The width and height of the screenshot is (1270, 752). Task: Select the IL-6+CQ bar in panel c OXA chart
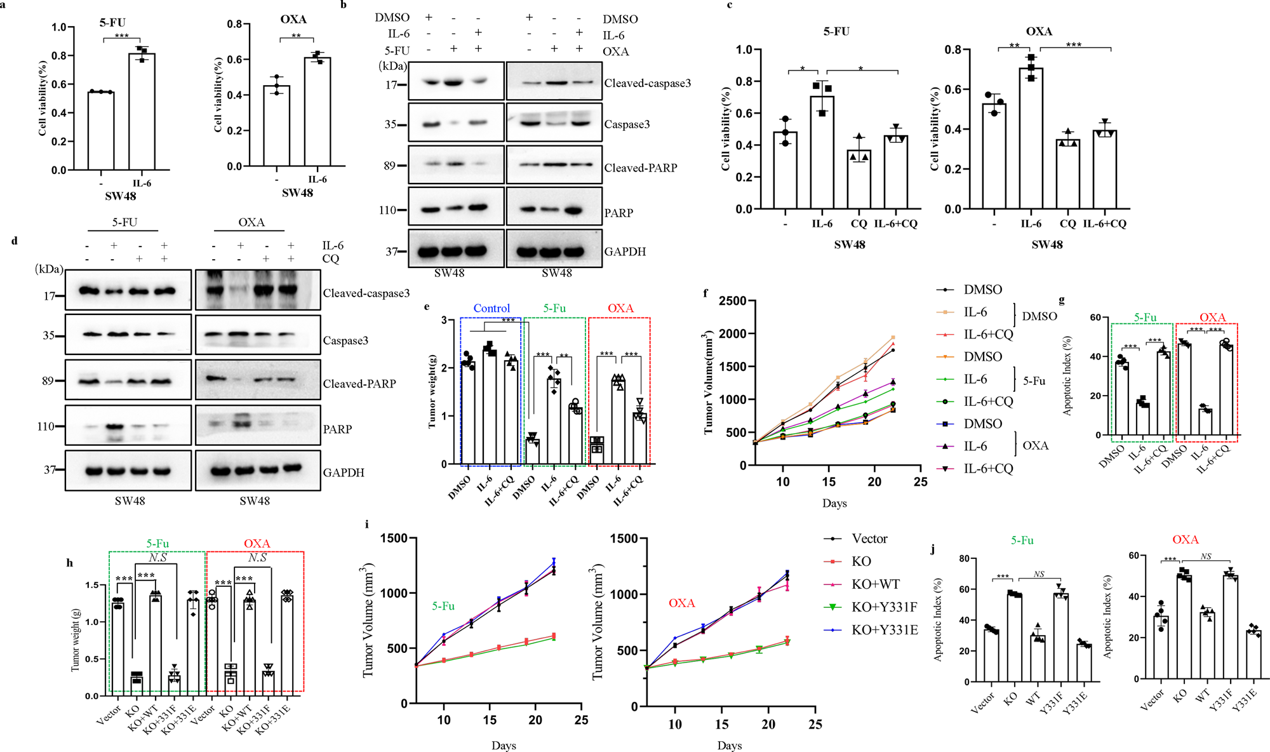pyautogui.click(x=1105, y=170)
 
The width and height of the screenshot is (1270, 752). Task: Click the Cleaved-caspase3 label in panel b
pyautogui.click(x=647, y=83)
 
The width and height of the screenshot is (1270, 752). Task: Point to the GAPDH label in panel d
pyautogui.click(x=344, y=473)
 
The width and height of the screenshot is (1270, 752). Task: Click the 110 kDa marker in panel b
pyautogui.click(x=387, y=210)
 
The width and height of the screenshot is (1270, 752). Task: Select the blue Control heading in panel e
pyautogui.click(x=491, y=308)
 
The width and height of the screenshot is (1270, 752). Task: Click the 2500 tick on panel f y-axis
pyautogui.click(x=732, y=300)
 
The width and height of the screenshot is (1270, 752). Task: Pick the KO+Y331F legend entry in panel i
pyautogui.click(x=884, y=607)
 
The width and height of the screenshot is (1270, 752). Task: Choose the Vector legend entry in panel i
pyautogui.click(x=869, y=539)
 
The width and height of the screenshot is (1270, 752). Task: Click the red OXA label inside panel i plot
pyautogui.click(x=681, y=603)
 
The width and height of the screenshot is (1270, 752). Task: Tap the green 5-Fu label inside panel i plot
pyautogui.click(x=443, y=606)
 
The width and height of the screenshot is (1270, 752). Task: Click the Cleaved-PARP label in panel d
pyautogui.click(x=359, y=384)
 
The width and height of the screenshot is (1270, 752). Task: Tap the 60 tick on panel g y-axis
pyautogui.click(x=1095, y=318)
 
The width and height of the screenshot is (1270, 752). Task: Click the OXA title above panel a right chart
pyautogui.click(x=293, y=19)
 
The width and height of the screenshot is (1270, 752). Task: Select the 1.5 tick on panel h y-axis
pyautogui.click(x=91, y=585)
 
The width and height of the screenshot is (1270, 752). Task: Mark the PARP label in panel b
pyautogui.click(x=618, y=213)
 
